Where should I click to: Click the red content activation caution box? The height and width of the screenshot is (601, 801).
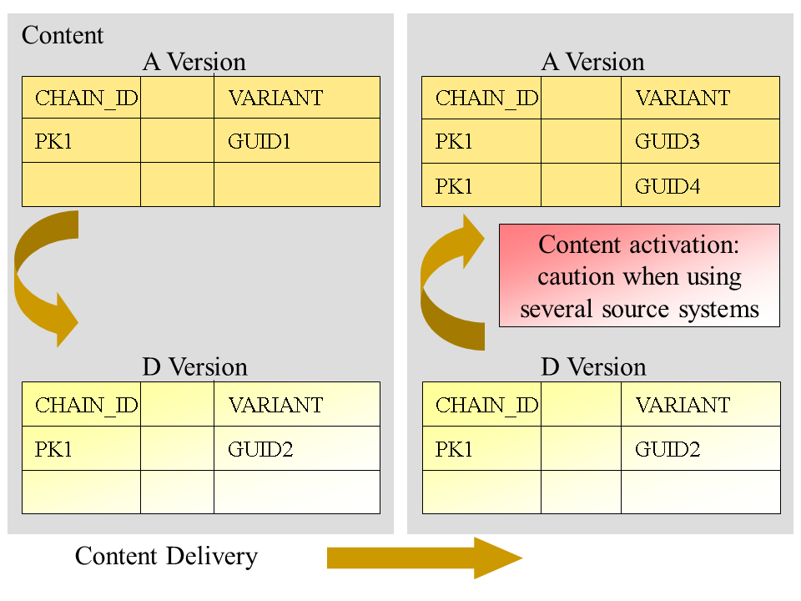639,275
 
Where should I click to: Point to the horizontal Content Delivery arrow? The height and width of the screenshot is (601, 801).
424,558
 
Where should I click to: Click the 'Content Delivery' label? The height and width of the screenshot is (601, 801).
166,556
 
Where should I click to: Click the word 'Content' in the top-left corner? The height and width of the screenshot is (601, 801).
63,35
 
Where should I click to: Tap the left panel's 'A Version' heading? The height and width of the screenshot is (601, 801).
194,62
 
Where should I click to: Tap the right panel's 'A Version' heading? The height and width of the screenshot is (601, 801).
593,62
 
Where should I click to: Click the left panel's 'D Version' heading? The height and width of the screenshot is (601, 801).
195,367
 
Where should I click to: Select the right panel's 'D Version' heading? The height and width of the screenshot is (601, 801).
594,367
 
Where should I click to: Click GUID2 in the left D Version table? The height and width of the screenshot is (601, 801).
260,449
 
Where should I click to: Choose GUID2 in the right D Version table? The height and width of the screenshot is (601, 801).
667,449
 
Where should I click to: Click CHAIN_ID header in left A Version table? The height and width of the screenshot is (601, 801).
87,98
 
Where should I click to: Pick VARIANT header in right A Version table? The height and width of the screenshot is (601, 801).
683,98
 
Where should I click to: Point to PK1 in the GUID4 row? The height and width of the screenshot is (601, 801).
454,185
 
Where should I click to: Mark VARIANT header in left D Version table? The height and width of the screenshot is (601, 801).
275,405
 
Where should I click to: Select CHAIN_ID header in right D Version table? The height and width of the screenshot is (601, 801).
487,405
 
